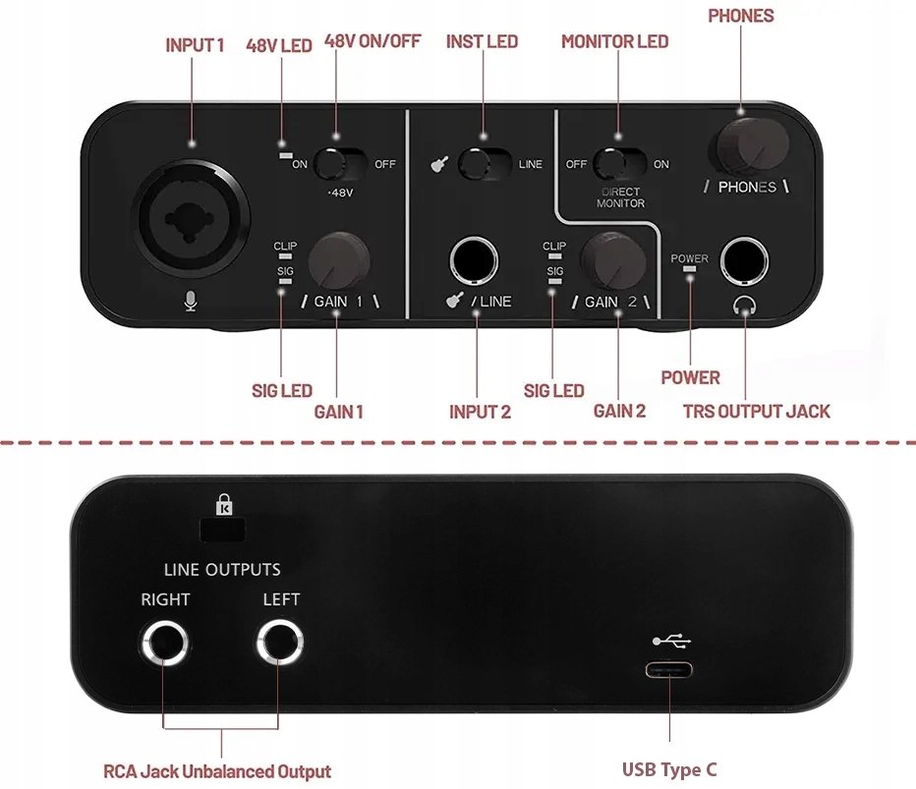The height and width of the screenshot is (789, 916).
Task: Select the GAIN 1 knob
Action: click(338, 261)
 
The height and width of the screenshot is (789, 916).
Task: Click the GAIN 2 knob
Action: click(613, 261)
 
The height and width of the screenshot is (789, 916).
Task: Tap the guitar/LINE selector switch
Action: click(485, 164)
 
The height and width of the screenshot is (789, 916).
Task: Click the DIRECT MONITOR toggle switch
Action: click(619, 164)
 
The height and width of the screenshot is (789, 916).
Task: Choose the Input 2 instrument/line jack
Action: click(474, 260)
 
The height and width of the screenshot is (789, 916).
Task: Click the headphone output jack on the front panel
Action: click(744, 261)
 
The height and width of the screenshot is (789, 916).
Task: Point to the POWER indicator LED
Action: click(689, 268)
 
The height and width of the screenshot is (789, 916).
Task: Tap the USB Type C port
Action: click(669, 669)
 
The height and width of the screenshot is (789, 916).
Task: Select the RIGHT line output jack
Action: click(165, 643)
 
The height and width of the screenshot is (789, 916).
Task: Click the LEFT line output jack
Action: click(280, 643)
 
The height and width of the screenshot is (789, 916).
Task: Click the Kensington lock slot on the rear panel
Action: click(222, 530)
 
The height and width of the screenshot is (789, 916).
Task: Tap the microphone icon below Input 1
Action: click(190, 302)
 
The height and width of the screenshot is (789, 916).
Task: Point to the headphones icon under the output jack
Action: click(744, 305)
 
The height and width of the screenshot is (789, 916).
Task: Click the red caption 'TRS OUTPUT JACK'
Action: click(757, 411)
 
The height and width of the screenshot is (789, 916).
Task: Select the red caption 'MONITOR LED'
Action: click(614, 41)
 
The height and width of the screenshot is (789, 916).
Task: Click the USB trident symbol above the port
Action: click(672, 642)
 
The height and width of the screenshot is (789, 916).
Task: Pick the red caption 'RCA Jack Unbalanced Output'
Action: click(217, 771)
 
